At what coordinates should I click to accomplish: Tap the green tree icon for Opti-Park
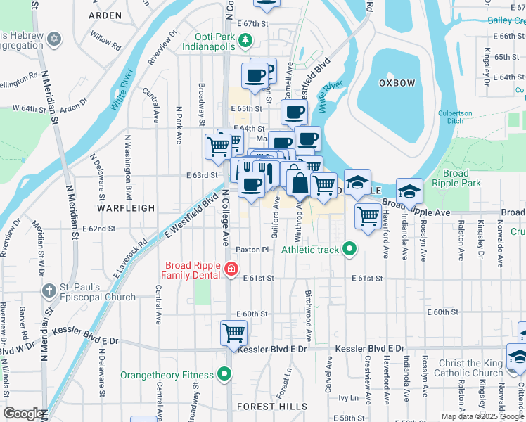pyautogui.click(x=245, y=40)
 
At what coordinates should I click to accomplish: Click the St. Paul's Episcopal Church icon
pyautogui.click(x=49, y=291)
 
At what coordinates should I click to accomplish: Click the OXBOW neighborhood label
pyautogui.click(x=397, y=83)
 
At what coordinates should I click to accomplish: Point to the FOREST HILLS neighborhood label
pyautogui.click(x=272, y=407)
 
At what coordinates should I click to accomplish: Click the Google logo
pyautogui.click(x=24, y=414)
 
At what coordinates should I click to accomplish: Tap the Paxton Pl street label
pyautogui.click(x=252, y=250)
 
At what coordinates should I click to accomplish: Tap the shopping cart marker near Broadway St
pyautogui.click(x=218, y=146)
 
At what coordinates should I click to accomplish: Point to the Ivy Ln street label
pyautogui.click(x=349, y=397)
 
